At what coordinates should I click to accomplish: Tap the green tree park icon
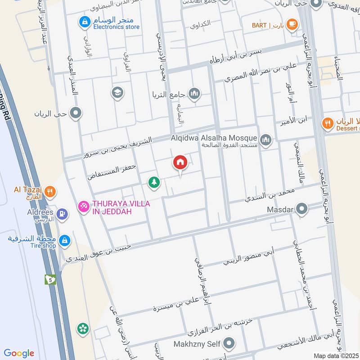[x=154, y=182]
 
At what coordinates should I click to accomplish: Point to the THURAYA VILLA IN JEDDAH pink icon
[x=83, y=207]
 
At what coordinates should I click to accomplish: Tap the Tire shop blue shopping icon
[x=65, y=241]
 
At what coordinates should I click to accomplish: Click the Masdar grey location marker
[x=302, y=209]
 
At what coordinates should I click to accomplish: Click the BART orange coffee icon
[x=292, y=24]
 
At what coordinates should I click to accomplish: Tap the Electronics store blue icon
[x=84, y=21]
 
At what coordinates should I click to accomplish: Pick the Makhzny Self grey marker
[x=230, y=344]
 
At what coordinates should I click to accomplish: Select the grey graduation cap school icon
[x=117, y=93]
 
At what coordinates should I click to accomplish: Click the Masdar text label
[x=280, y=209]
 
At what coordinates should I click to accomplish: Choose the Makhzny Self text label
[x=199, y=344]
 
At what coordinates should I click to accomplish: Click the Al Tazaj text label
[x=28, y=190]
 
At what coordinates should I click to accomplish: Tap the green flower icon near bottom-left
[x=82, y=329]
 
